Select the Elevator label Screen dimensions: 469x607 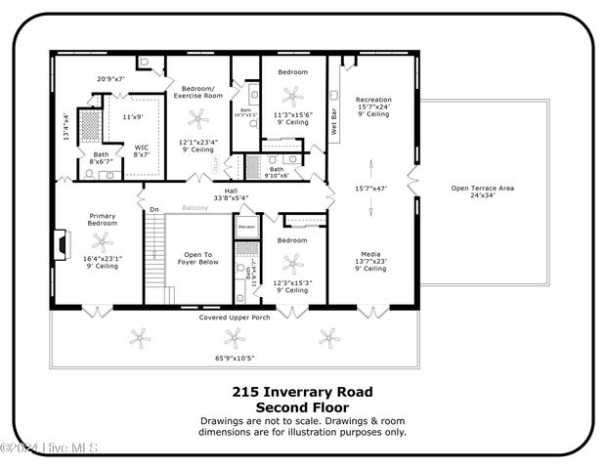click(x=246, y=227)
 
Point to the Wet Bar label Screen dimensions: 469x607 click(x=334, y=123)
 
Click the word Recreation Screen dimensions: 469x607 click(x=373, y=100)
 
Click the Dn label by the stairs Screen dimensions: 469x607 click(x=153, y=209)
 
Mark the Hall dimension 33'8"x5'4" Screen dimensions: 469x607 click(x=231, y=198)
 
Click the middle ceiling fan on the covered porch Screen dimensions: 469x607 click(x=233, y=338)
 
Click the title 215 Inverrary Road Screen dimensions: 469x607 click(x=302, y=391)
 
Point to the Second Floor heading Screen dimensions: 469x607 click(x=302, y=406)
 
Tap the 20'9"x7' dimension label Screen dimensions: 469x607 click(x=110, y=78)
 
